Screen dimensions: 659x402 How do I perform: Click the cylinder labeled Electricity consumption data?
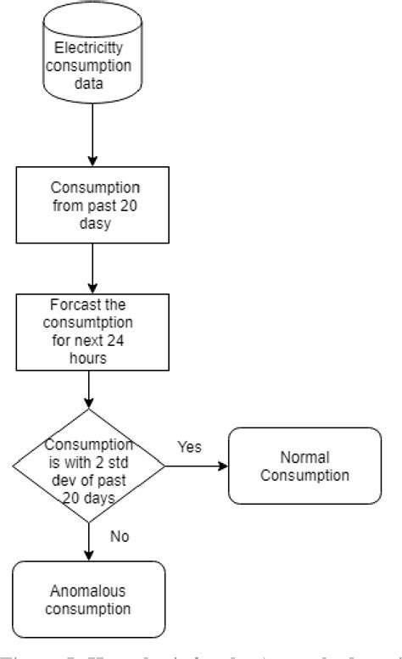tap(88, 64)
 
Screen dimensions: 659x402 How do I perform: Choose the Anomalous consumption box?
tap(88, 599)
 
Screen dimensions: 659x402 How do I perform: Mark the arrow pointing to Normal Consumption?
tap(195, 466)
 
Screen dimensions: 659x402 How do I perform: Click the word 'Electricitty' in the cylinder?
tap(88, 47)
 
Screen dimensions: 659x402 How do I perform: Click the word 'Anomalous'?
tap(88, 590)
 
